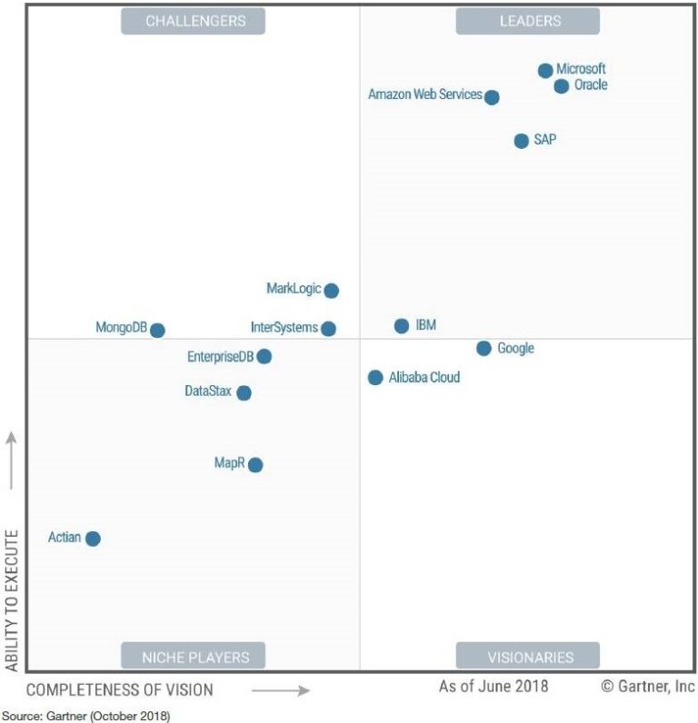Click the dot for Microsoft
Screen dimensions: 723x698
545,70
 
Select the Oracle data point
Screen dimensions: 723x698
562,86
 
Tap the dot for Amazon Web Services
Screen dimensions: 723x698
492,97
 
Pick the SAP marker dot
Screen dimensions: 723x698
521,141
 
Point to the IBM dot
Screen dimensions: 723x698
402,326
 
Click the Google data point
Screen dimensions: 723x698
484,349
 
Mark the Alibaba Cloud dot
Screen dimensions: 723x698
375,378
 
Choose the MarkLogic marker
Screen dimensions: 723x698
332,291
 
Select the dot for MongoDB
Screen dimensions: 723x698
157,330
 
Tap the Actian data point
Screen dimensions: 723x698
93,539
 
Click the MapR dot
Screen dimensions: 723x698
255,465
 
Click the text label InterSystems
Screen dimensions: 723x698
284,327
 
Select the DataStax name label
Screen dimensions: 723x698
208,391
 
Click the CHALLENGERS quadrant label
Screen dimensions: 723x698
193,21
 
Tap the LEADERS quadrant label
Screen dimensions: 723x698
528,21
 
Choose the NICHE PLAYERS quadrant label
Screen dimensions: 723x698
193,656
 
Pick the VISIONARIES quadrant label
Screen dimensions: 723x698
528,656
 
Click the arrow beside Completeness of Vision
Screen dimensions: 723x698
281,690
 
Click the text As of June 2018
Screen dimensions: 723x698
494,687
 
